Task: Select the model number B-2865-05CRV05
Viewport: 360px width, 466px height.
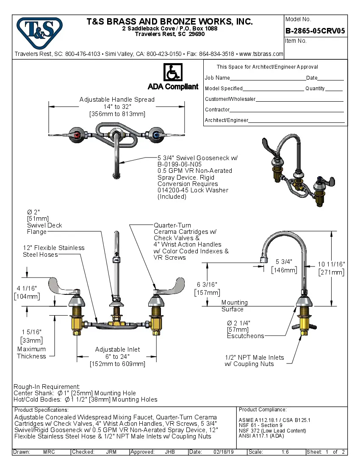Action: (315, 31)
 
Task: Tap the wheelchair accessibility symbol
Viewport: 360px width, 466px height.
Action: (173, 72)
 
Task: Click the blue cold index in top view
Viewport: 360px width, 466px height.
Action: (156, 136)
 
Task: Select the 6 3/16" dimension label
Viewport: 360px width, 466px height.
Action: (207, 285)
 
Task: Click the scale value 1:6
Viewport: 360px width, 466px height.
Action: (285, 452)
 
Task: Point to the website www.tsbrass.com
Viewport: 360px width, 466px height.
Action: (261, 54)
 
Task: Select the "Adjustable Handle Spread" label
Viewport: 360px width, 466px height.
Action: (117, 100)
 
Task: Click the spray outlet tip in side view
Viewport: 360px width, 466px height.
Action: (262, 259)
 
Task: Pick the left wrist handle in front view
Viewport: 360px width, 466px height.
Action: (64, 287)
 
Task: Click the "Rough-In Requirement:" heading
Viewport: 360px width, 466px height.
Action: (47, 387)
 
